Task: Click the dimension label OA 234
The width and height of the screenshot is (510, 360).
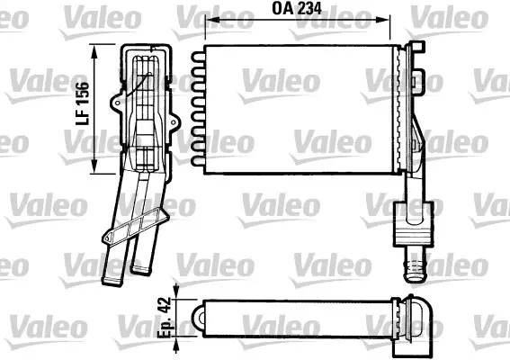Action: tap(297, 9)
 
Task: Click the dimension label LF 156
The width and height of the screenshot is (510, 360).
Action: tap(83, 103)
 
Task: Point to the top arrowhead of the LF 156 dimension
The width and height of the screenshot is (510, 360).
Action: tap(94, 51)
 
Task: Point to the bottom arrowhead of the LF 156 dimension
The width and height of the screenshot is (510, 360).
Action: tap(94, 166)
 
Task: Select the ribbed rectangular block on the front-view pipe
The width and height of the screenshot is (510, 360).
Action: tap(414, 224)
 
